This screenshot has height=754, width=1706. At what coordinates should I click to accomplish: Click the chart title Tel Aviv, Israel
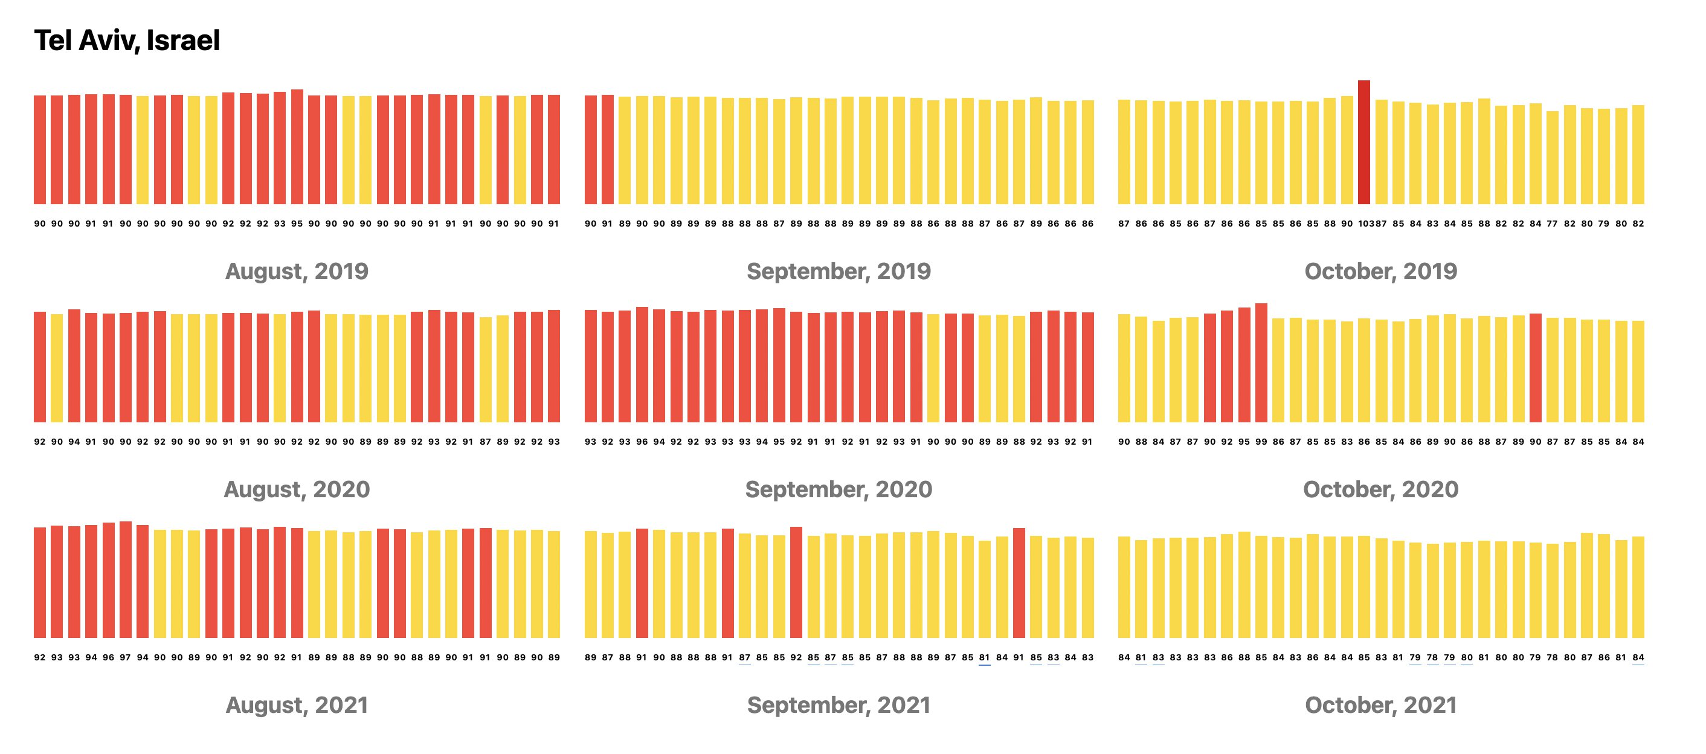coord(126,40)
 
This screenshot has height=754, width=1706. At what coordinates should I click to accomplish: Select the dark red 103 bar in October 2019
coord(1363,142)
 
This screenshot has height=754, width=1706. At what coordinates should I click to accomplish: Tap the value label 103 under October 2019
coord(1365,224)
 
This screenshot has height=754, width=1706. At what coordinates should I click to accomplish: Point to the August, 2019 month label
coord(296,271)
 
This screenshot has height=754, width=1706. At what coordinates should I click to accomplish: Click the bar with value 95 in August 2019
coord(297,146)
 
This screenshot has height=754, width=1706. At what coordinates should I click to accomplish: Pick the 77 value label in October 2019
coord(1553,224)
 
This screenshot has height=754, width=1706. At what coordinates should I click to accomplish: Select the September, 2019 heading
coord(839,271)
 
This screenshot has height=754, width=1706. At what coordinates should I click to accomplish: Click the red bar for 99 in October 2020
coord(1261,362)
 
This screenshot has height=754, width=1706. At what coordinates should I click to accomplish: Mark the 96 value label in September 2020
coord(642,442)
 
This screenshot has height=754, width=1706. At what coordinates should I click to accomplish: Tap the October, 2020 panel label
coord(1380,489)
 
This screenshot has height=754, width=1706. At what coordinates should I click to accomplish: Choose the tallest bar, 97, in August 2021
coord(125,580)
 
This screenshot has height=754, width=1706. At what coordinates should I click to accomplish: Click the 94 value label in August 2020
coord(74,442)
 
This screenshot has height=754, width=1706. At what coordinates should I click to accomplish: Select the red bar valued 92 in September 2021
coord(796,582)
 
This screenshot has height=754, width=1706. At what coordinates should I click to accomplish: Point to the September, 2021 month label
coord(839,705)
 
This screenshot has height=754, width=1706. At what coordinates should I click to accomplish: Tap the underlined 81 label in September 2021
coord(985,658)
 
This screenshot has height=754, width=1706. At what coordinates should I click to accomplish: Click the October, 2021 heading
coord(1380,705)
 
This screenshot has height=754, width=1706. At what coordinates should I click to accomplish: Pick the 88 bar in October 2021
coord(1244,585)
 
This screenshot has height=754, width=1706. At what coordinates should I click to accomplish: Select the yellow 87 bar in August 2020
coord(486,370)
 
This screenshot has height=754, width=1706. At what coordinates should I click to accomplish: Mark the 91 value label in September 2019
coord(607,224)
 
